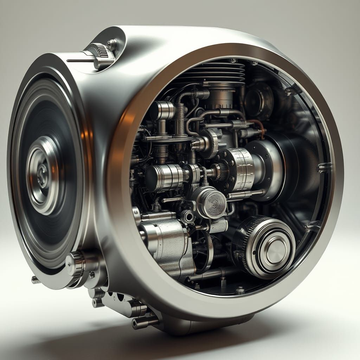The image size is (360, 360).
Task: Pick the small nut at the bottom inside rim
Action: pos(240,290)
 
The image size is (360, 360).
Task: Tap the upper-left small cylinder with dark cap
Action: pos(162,110)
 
